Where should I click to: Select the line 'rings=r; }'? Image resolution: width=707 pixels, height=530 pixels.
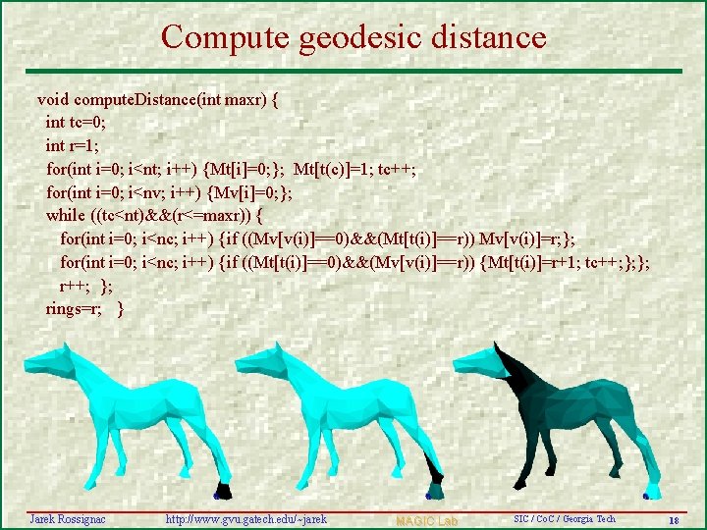coord(84,308)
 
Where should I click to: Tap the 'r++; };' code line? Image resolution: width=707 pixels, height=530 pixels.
coord(86,286)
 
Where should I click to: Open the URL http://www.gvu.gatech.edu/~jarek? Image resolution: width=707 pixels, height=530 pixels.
coord(245,518)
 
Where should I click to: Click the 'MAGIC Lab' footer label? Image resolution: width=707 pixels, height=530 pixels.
coord(427,519)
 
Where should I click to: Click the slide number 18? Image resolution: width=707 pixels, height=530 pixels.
coord(673,519)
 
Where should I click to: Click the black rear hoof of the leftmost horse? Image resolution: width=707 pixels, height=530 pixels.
coord(223,492)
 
